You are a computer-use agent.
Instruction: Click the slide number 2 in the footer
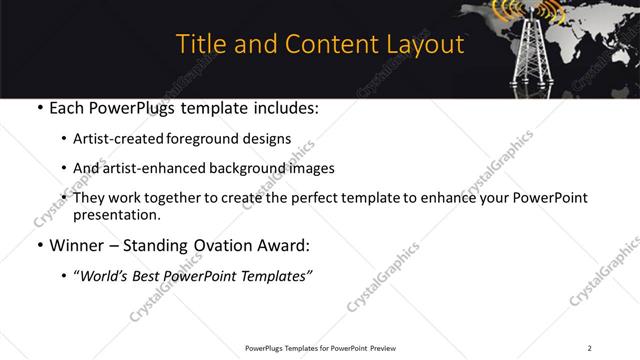pyautogui.click(x=589, y=348)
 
